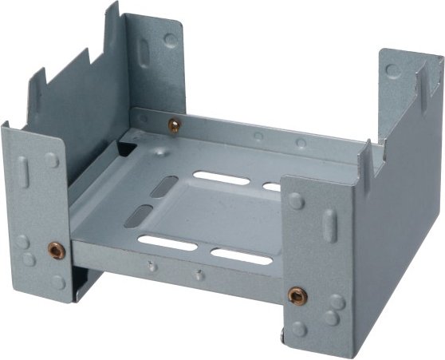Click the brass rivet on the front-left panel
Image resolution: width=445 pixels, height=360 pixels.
click(56, 250)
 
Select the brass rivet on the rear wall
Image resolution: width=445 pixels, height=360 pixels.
click(174, 124)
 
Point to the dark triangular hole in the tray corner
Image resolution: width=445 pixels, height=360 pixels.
click(126, 147)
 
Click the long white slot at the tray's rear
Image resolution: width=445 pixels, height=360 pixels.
click(222, 178)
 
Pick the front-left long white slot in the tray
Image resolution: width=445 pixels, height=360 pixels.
click(167, 243)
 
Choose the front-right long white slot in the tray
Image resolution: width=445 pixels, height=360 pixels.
click(241, 257)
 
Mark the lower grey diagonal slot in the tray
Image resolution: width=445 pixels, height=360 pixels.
click(138, 215)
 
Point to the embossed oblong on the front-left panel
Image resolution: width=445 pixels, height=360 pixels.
click(23, 172)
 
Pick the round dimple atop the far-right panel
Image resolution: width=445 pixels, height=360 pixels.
click(392, 69)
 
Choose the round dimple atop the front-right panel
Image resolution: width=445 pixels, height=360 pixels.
click(297, 200)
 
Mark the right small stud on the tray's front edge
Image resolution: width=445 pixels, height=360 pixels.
click(198, 275)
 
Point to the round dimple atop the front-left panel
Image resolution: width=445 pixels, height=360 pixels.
click(52, 160)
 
